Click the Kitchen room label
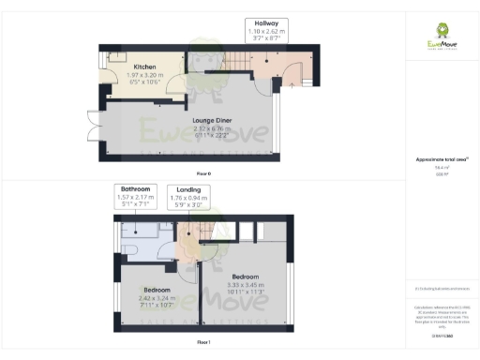coord(143,67)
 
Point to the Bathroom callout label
coord(135,190)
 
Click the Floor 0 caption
coord(203,174)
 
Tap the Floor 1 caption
coord(203,344)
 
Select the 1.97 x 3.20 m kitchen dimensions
coord(143,78)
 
